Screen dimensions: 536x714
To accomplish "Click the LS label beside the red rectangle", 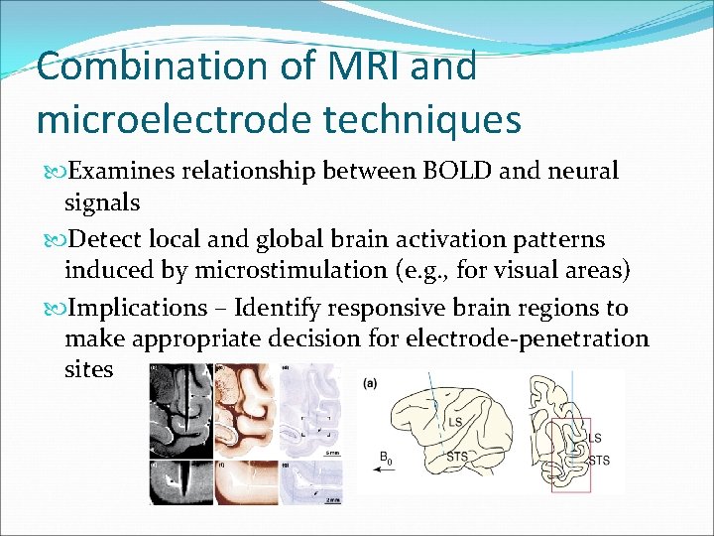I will (x=595, y=438).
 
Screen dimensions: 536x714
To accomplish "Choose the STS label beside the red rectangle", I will (x=599, y=460).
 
